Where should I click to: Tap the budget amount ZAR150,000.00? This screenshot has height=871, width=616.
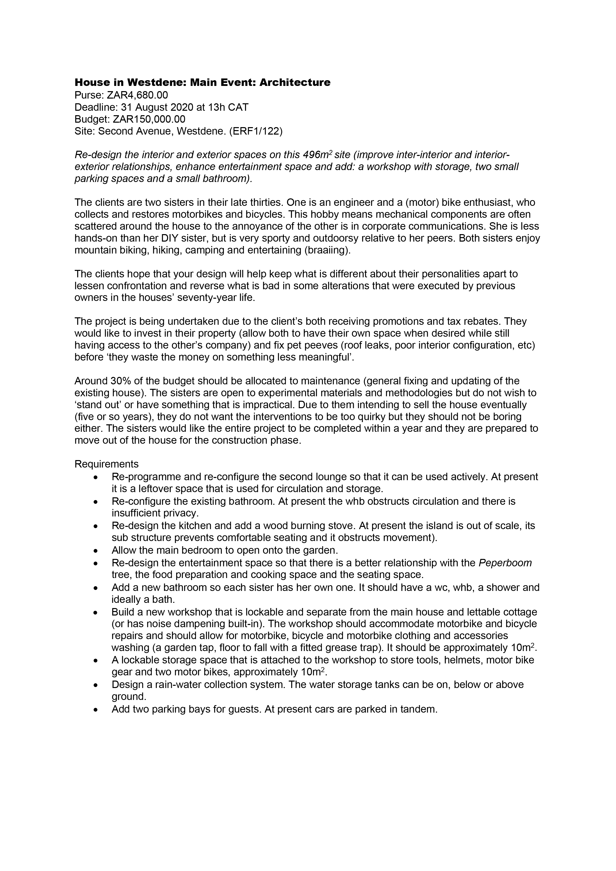(149, 119)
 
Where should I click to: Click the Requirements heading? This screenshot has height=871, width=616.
(107, 464)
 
